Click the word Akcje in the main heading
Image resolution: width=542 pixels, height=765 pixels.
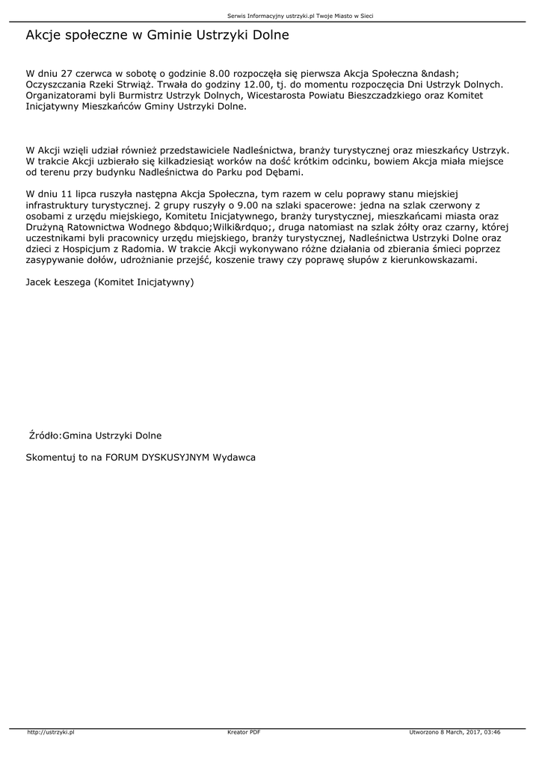coord(44,35)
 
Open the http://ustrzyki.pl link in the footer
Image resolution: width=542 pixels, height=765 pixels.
coord(51,731)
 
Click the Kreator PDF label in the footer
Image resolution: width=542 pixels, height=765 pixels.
coord(244,731)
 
